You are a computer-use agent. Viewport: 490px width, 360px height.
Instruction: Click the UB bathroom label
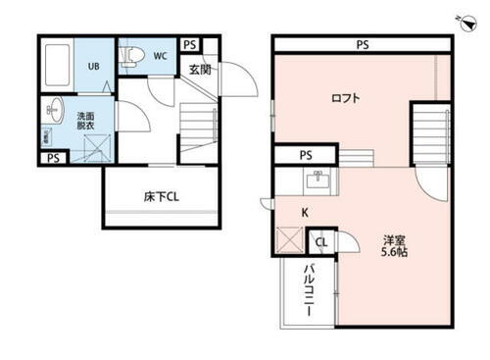[94, 67]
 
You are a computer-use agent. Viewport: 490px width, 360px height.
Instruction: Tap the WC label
[159, 56]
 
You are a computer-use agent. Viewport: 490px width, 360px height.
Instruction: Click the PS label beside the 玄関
[189, 44]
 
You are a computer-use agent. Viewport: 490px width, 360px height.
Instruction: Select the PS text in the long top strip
[363, 44]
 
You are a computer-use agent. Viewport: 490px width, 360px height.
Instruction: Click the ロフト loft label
[345, 98]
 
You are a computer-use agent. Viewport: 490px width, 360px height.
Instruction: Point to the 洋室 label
[395, 238]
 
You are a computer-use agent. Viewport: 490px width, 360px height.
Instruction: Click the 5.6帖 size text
[395, 251]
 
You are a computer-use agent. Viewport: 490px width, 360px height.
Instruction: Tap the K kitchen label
[304, 210]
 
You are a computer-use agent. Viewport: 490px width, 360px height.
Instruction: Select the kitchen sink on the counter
[316, 180]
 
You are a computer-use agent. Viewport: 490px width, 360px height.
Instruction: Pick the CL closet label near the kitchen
[321, 241]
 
